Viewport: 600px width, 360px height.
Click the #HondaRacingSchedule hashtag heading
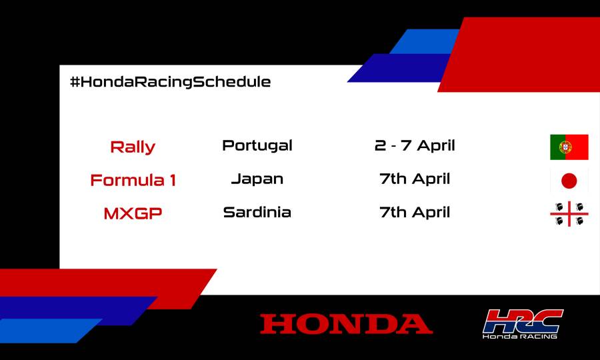[170, 82]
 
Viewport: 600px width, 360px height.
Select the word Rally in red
[132, 147]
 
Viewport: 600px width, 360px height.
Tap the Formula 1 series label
[133, 180]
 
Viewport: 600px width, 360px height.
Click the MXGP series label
[133, 213]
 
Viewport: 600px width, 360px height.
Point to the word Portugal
[257, 145]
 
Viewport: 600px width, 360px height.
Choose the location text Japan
[257, 179]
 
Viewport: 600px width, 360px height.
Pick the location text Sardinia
[257, 212]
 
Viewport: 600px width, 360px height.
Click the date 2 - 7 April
[415, 145]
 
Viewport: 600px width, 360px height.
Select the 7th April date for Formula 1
[415, 179]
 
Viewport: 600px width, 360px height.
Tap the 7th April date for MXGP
[415, 212]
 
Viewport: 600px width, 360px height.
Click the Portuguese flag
[569, 147]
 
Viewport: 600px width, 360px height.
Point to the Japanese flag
[569, 181]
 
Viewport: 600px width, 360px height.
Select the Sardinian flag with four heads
[569, 213]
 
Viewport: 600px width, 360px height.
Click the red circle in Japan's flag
[569, 181]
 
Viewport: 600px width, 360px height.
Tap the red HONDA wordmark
[346, 324]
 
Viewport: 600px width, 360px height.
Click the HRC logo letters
[523, 321]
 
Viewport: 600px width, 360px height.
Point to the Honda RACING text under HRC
[520, 337]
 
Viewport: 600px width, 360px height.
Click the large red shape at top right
[527, 53]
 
